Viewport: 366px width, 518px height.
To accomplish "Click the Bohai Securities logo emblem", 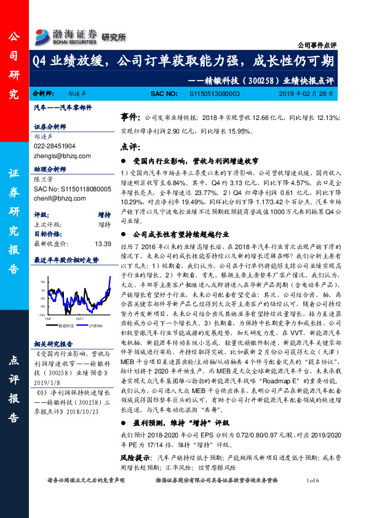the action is [43, 34].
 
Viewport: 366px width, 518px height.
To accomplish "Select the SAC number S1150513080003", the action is [213, 94].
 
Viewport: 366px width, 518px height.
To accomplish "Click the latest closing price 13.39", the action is [103, 243].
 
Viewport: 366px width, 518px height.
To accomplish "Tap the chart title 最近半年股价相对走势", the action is [66, 260].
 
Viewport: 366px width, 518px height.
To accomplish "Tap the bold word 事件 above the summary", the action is [129, 116].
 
